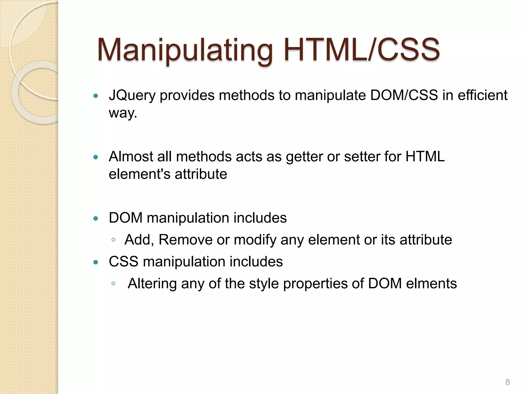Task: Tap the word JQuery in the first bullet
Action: [132, 95]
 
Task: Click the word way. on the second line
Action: [123, 113]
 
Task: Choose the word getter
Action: [304, 157]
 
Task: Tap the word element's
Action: [139, 174]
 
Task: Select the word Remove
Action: [185, 240]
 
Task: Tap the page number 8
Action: [507, 382]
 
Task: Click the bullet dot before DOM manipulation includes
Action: [96, 219]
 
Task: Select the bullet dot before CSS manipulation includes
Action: [96, 262]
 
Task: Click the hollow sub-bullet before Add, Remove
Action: [113, 240]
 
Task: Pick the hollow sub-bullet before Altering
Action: [113, 284]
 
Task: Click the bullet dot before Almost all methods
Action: [96, 157]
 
